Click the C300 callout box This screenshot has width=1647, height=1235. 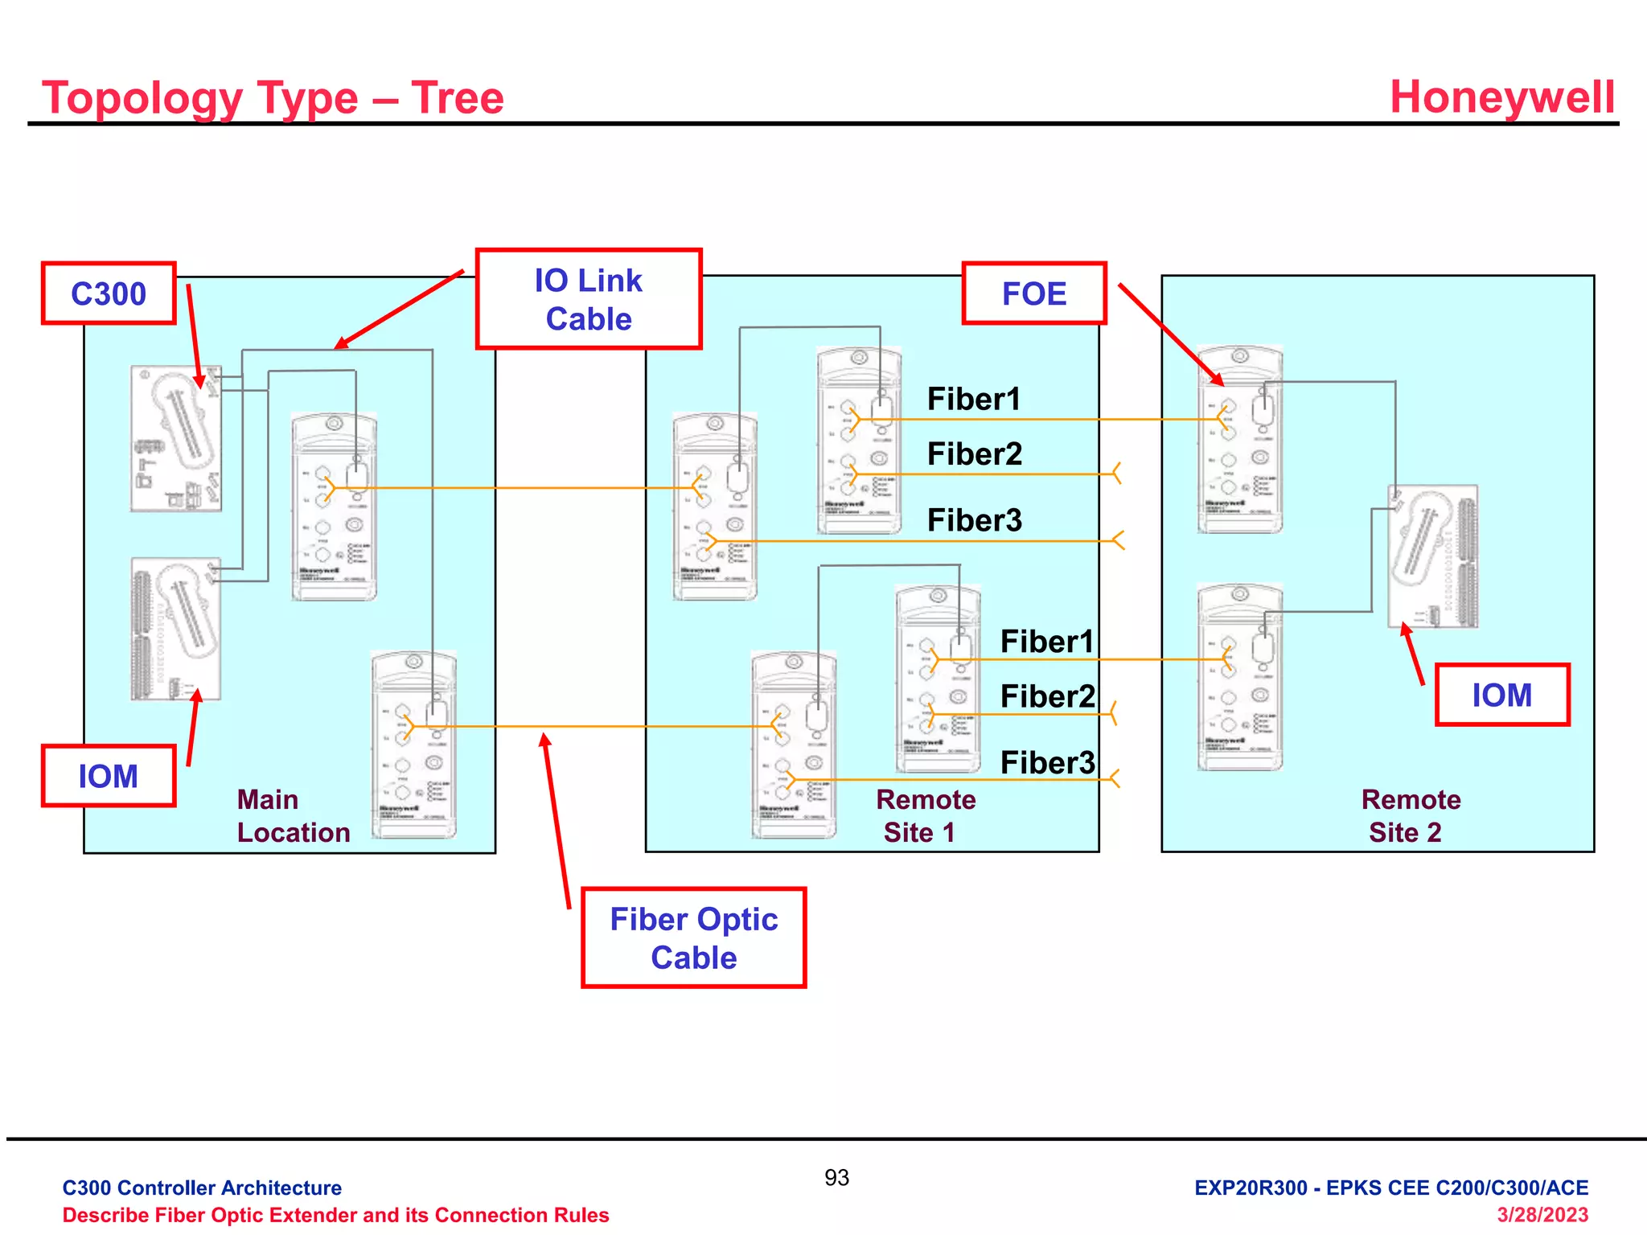109,293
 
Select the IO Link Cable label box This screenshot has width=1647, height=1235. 589,299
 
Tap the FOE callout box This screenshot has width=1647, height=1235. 1034,293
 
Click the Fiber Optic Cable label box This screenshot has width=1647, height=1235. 693,938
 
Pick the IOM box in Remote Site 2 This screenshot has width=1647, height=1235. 1501,695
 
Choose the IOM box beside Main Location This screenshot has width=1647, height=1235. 109,776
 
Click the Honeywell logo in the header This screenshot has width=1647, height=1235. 1501,97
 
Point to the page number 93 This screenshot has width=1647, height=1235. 836,1178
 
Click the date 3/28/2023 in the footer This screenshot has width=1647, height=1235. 1542,1215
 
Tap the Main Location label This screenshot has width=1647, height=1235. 293,816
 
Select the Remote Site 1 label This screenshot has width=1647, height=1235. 925,816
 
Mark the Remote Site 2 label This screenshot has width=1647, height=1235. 1411,816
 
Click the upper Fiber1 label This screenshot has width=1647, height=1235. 974,399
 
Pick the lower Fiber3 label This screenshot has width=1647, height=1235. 1047,762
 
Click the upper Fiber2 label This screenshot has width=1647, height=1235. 975,454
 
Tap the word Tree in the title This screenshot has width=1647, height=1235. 458,98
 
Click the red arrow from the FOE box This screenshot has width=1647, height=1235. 1170,334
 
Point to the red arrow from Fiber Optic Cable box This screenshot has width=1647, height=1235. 557,820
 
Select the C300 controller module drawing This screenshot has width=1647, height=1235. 176,438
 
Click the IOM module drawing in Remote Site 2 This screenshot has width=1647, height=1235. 1432,556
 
